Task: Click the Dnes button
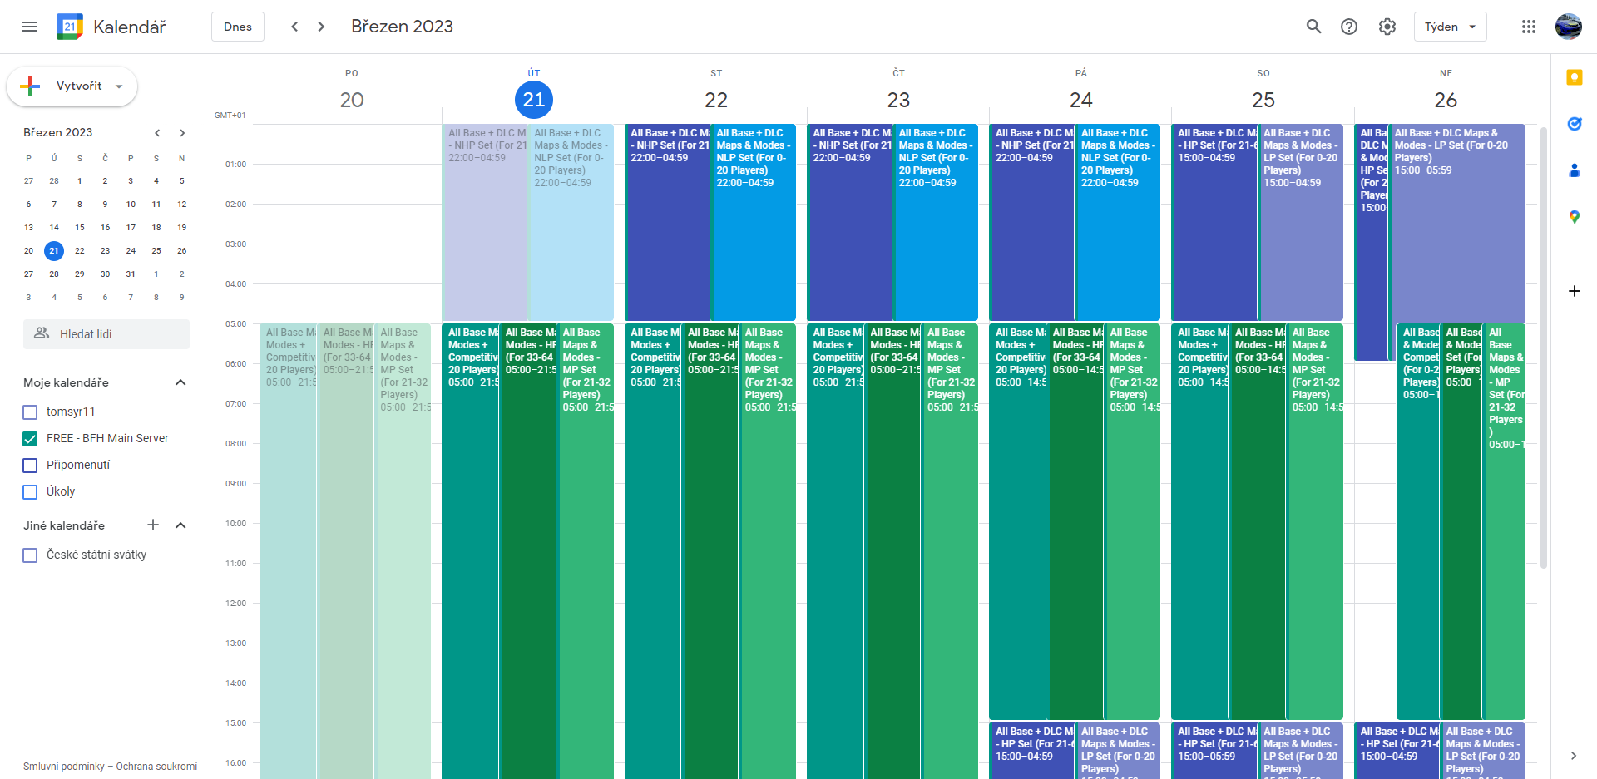(x=237, y=27)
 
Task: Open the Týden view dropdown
(x=1449, y=27)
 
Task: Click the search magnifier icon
(x=1313, y=27)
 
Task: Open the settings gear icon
(x=1387, y=27)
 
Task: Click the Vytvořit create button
(x=72, y=86)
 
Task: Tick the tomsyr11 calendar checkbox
(x=30, y=412)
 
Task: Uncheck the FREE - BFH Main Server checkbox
(x=30, y=439)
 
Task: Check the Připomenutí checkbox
(x=30, y=466)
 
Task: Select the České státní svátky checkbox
(x=30, y=555)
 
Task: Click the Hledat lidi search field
(x=106, y=334)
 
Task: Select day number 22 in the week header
(x=715, y=101)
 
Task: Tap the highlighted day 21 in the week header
(x=533, y=101)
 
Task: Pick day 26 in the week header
(x=1445, y=101)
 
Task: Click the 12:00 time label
(x=235, y=604)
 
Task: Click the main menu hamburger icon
(x=30, y=27)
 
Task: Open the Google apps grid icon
(x=1528, y=27)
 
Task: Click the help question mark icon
(x=1348, y=27)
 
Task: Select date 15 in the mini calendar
(x=80, y=228)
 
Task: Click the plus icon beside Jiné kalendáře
(x=153, y=525)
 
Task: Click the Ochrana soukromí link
(x=156, y=767)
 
